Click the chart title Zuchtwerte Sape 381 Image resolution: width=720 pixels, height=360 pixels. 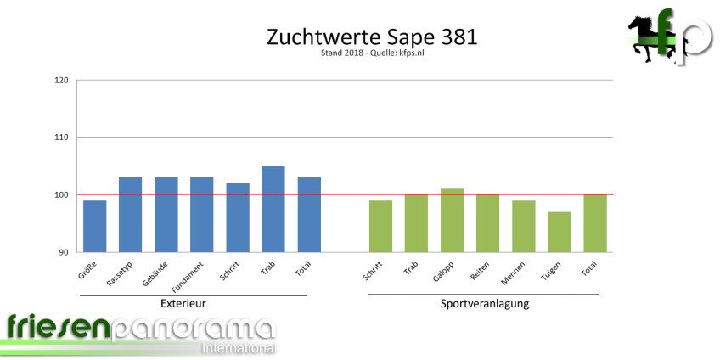coord(359,37)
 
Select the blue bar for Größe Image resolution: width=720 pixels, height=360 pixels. coord(94,226)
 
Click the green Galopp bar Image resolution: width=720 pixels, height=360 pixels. coord(452,220)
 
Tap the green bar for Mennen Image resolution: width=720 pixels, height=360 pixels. coord(523,226)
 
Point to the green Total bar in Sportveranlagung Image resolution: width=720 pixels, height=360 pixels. coord(594,223)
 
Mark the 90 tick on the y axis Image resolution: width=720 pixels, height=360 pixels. coord(64,252)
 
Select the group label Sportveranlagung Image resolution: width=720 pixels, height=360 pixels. coord(485,303)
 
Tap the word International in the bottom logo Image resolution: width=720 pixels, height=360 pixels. coord(238,348)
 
